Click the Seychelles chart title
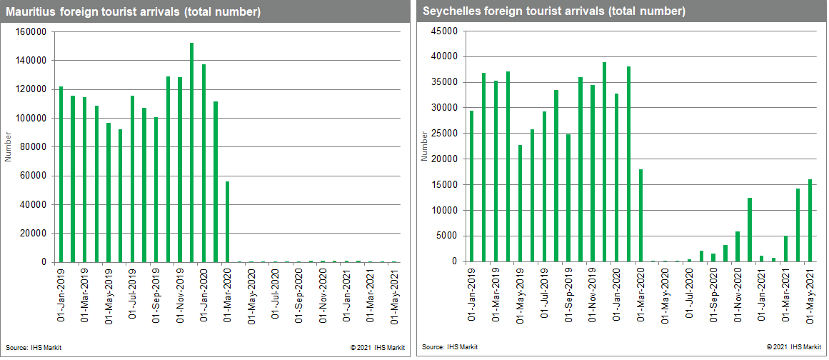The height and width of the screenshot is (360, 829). (x=553, y=12)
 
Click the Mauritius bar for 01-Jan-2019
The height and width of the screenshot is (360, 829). (x=61, y=174)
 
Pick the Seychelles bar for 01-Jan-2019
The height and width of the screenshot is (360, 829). (x=471, y=186)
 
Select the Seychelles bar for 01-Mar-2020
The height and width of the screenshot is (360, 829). (x=640, y=215)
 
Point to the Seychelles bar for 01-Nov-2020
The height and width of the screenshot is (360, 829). (x=738, y=246)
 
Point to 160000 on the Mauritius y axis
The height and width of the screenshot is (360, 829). (x=31, y=32)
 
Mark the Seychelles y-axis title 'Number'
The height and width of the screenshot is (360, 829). (x=423, y=146)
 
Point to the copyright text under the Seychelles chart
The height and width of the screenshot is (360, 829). (x=793, y=347)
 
